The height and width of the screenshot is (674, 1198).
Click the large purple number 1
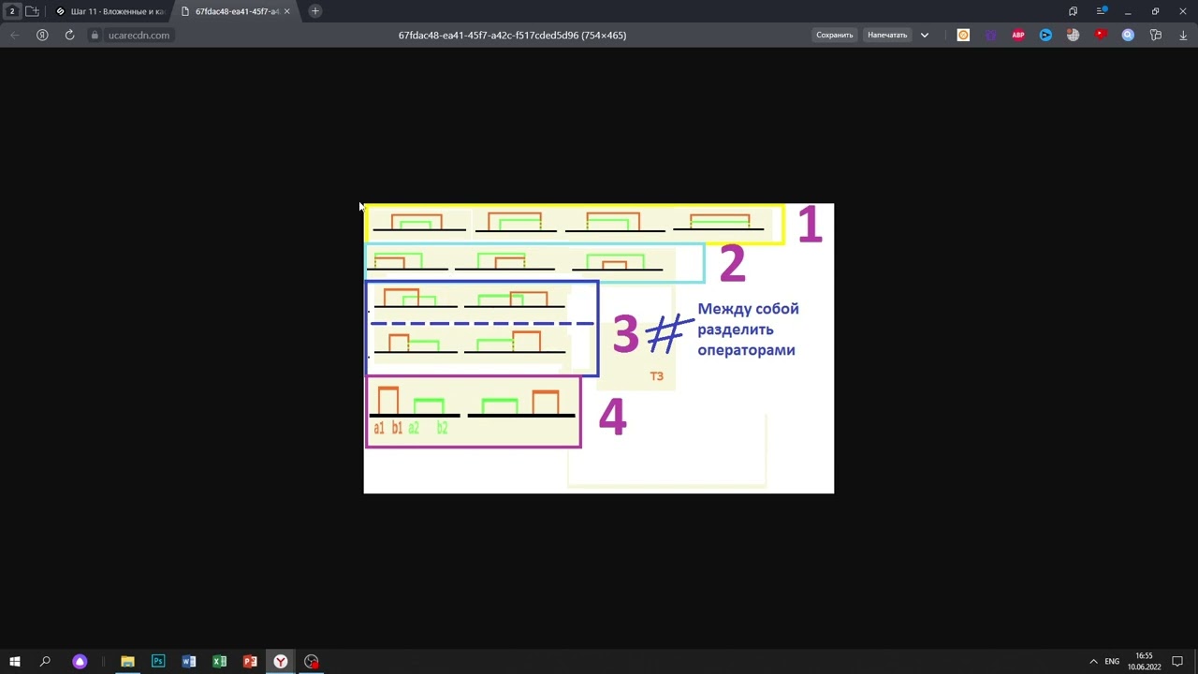[x=810, y=226]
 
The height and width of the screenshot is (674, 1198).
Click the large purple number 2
[x=732, y=264]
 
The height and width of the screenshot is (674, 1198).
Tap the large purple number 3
[x=625, y=334]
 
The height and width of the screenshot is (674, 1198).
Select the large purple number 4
[x=612, y=418]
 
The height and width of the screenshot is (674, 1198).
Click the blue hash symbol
[x=667, y=334]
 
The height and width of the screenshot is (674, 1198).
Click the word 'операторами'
[x=746, y=350]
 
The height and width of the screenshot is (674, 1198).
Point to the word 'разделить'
[x=736, y=330]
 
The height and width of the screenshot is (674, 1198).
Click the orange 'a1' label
[x=379, y=428]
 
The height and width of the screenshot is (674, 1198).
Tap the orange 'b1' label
[x=397, y=428]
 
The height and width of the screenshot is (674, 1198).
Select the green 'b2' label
[x=443, y=428]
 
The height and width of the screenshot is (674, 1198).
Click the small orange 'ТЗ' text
[x=656, y=376]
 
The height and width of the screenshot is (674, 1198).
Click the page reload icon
[x=69, y=36]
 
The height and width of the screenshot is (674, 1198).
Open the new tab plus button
[x=315, y=11]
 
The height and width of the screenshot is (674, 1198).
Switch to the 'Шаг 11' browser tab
[x=110, y=11]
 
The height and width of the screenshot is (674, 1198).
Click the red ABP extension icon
[x=1018, y=36]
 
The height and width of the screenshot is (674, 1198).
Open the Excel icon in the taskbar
[x=219, y=662]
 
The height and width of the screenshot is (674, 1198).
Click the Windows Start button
[x=15, y=662]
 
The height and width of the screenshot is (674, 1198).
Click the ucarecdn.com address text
[x=139, y=36]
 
